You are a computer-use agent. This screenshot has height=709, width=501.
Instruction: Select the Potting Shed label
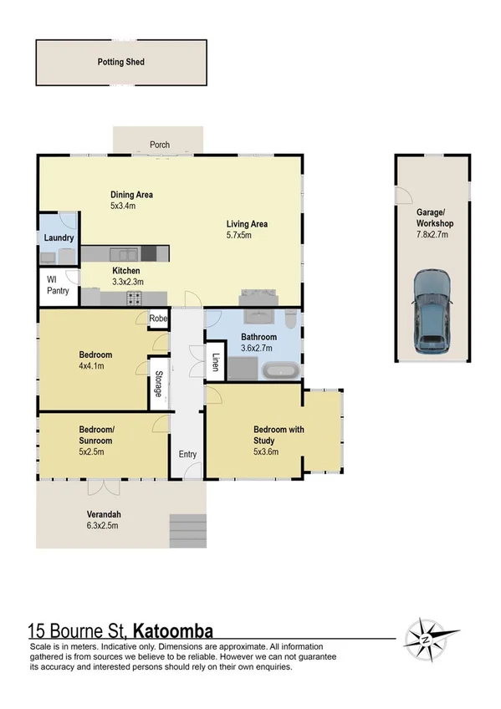122,62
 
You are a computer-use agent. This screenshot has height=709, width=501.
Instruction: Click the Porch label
160,145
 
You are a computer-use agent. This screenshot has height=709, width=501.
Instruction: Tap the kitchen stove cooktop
133,297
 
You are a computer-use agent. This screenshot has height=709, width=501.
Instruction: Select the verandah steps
187,528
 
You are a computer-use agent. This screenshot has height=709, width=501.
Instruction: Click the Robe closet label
157,319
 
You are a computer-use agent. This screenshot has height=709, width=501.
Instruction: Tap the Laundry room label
59,237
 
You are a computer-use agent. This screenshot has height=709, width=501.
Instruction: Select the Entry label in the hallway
187,455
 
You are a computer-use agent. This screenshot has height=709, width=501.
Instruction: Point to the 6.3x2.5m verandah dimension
103,526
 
